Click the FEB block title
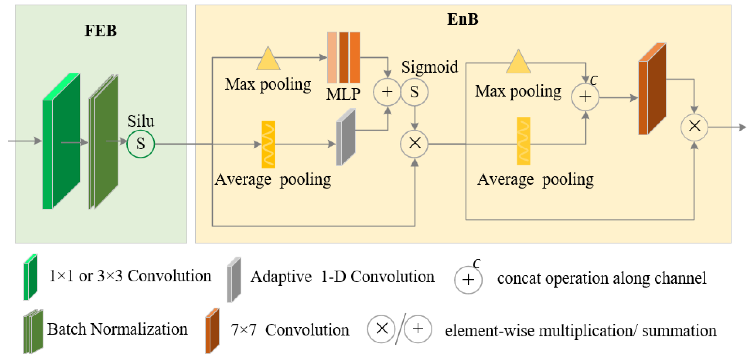(x=100, y=31)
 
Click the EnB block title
(x=462, y=19)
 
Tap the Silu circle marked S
(x=140, y=144)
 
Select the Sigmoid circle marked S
(x=414, y=92)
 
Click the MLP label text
(x=343, y=94)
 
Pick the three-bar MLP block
(x=344, y=58)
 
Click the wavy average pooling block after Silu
(x=268, y=144)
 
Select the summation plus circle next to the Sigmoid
(x=387, y=92)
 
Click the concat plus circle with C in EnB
(x=585, y=97)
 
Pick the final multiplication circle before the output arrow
(x=694, y=127)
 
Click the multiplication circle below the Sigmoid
(x=414, y=143)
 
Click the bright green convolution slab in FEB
(x=61, y=142)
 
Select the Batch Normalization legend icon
(x=33, y=332)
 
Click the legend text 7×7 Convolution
(x=290, y=330)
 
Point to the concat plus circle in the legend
(x=468, y=280)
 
